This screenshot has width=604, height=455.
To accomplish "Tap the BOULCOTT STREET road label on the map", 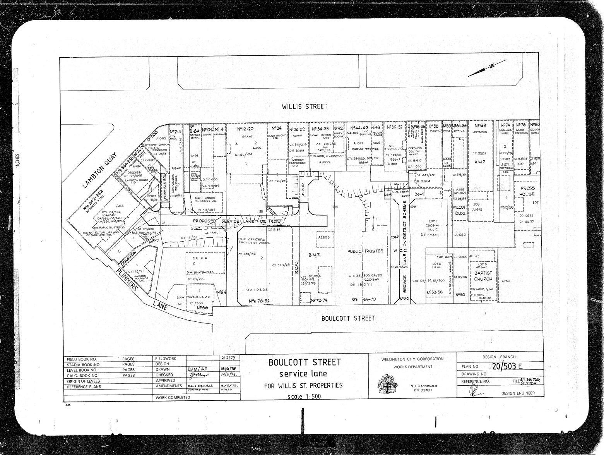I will pos(348,318).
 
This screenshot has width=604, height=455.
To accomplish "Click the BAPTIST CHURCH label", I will pos(483,276).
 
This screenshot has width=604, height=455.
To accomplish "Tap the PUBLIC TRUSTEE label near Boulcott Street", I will pos(365,251).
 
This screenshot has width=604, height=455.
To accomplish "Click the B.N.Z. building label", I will pos(313,255).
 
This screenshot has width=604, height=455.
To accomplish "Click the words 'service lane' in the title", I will pos(303,374).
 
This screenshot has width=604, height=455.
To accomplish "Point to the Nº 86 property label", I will pos(203,308).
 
